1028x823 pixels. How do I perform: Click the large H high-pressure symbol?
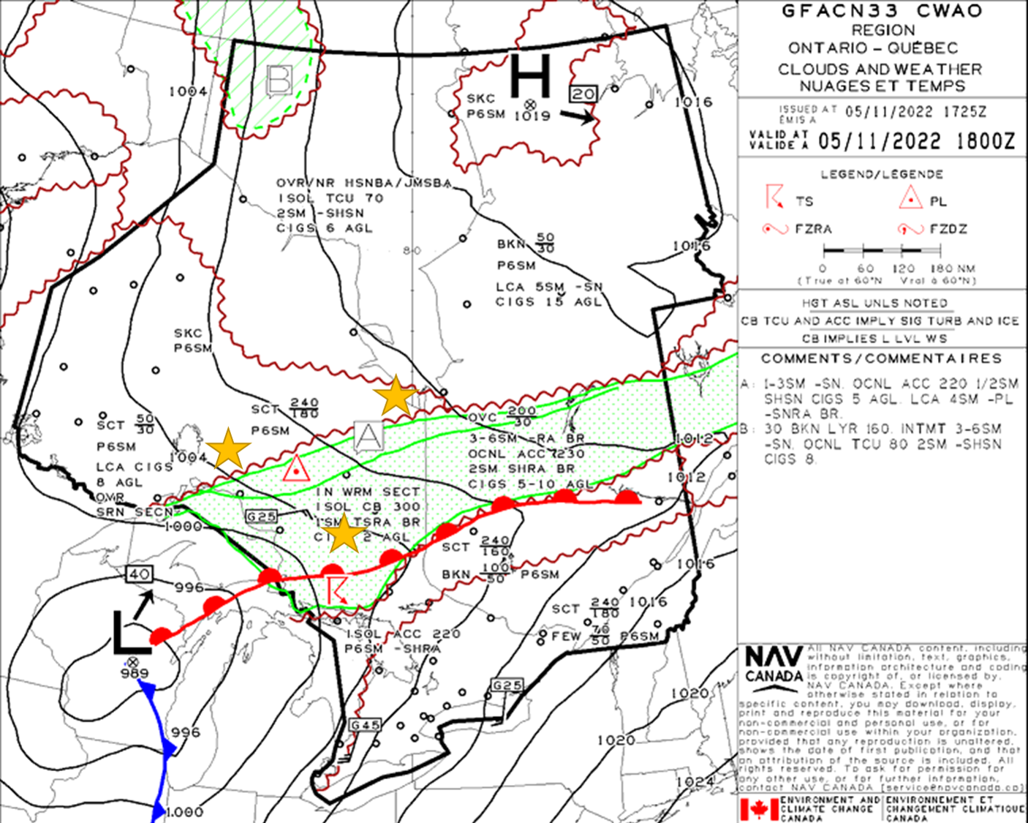[x=529, y=75]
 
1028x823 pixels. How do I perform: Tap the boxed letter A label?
[x=368, y=436]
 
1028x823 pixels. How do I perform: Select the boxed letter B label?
[x=280, y=80]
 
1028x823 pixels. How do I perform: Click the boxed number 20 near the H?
[x=583, y=94]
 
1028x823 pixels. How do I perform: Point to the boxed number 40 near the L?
[x=138, y=574]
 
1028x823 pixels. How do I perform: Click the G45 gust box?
[x=365, y=725]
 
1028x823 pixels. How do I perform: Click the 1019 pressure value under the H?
[x=532, y=116]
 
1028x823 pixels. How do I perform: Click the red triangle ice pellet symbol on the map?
[x=295, y=469]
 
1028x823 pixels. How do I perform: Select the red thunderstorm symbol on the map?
[x=337, y=589]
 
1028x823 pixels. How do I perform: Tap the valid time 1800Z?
[x=984, y=141]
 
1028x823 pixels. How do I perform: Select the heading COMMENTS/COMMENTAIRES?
[x=881, y=358]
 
